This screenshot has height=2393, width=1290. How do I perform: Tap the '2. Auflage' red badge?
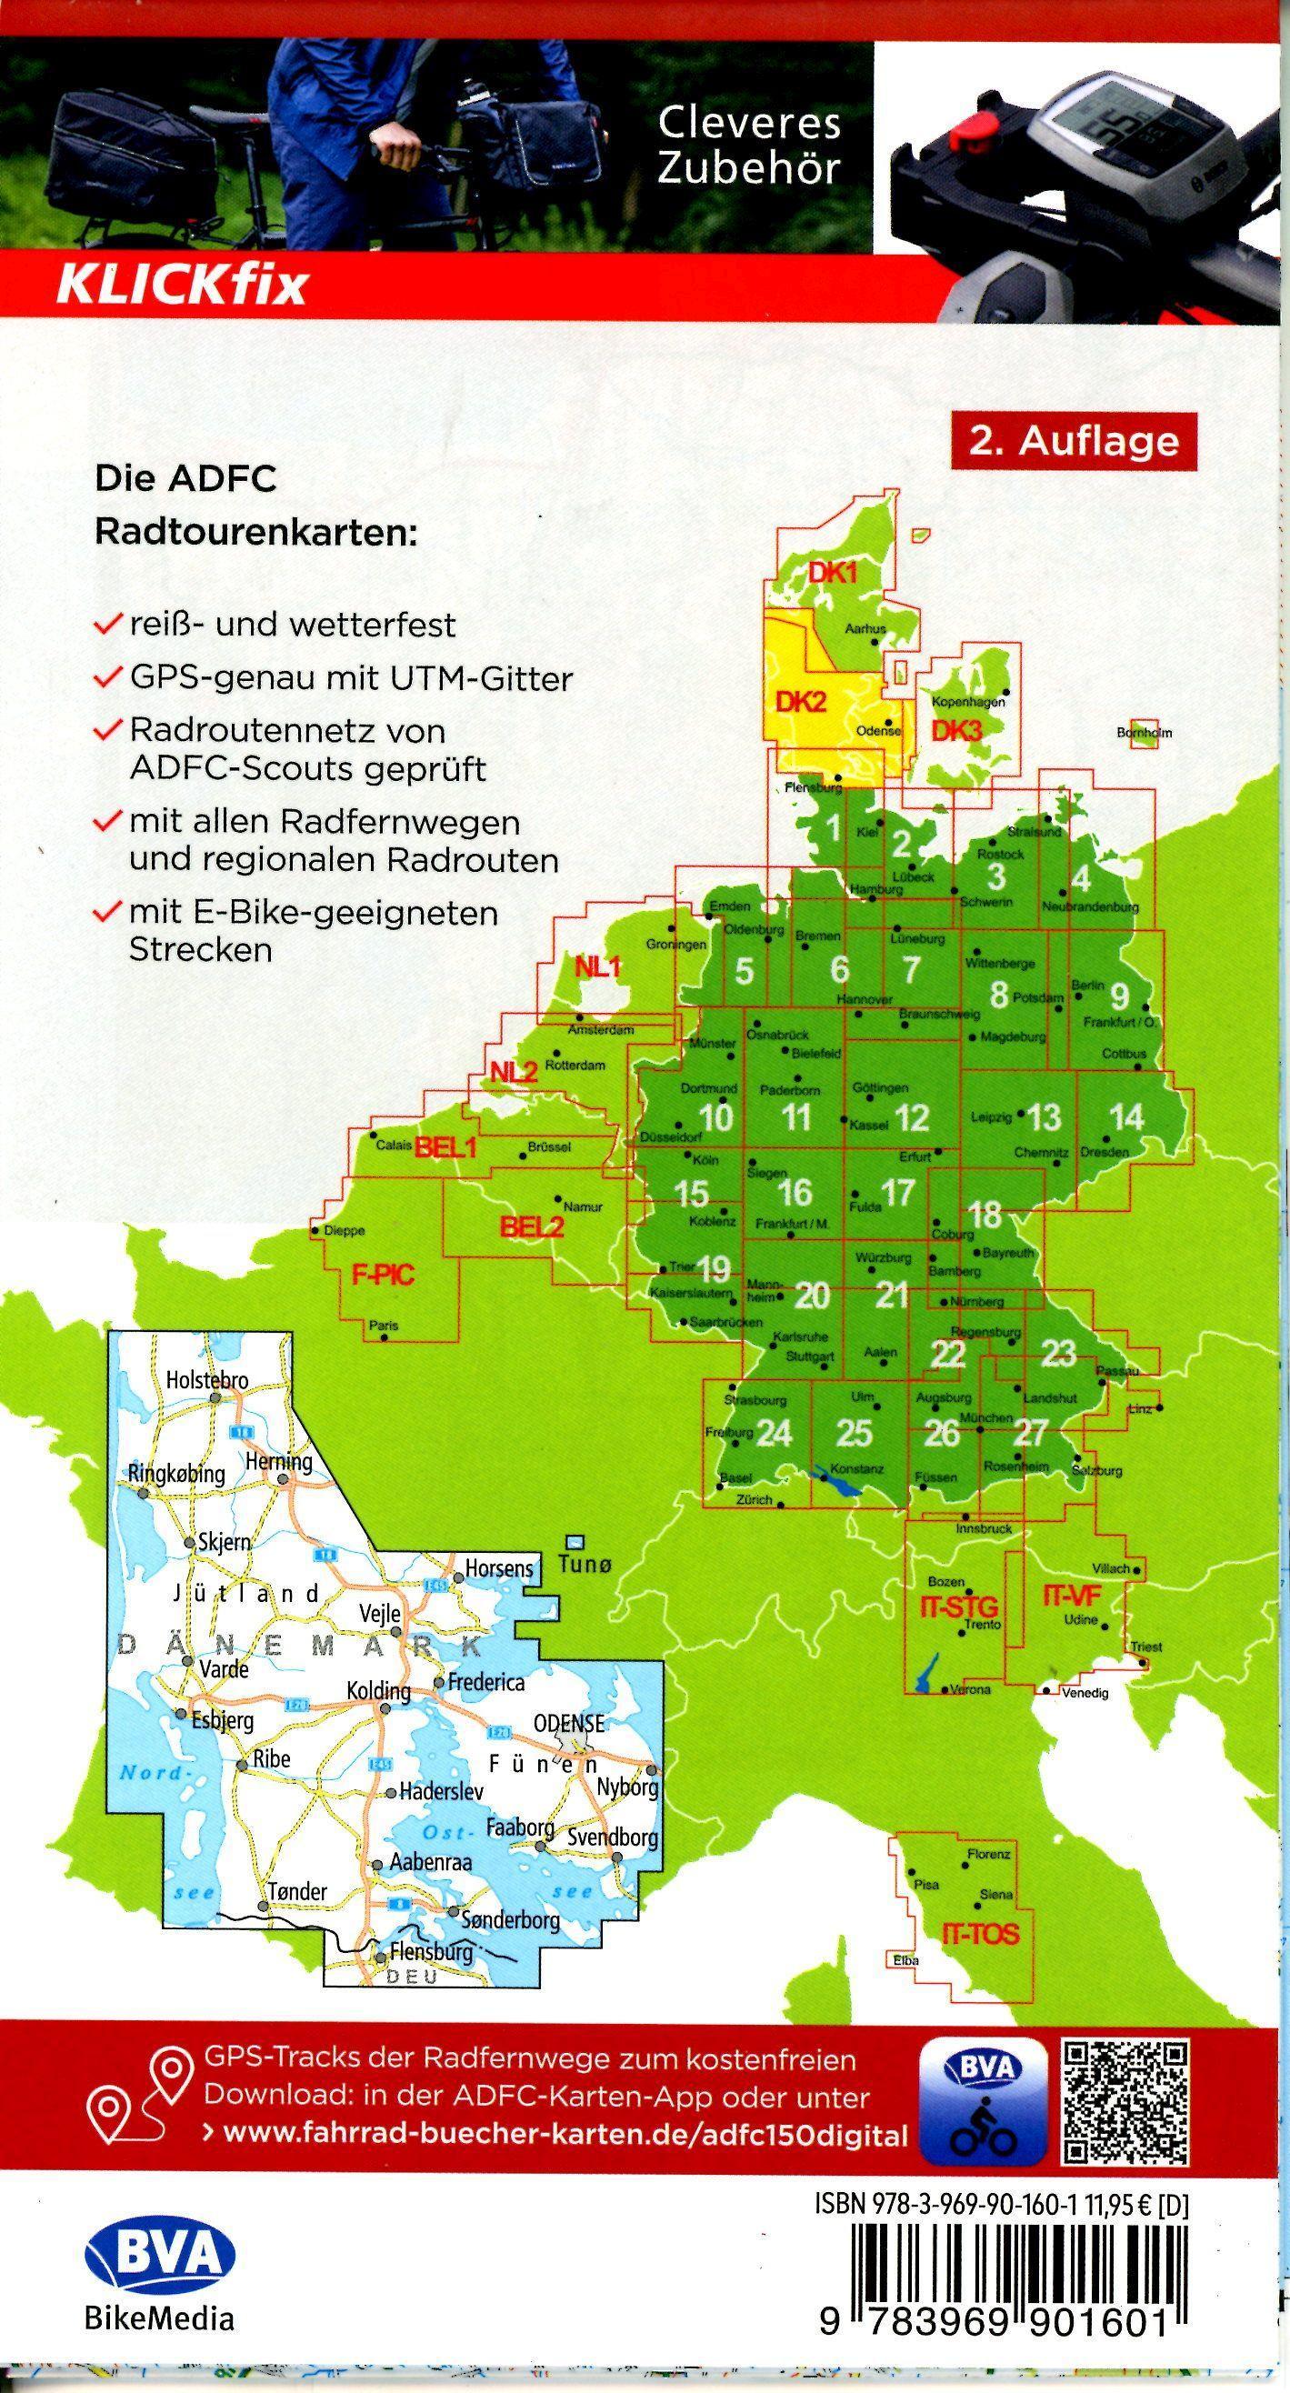[1073, 441]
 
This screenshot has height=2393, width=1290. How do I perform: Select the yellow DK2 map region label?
[800, 701]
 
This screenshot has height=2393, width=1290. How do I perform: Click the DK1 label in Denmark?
[832, 573]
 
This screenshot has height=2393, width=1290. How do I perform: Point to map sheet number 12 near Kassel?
[912, 1117]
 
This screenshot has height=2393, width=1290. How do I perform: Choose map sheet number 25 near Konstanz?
[854, 1433]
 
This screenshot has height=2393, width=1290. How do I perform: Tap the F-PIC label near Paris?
[382, 1275]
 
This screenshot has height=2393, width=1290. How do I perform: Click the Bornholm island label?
[1144, 733]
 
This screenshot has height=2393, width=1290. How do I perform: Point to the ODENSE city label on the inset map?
[568, 1723]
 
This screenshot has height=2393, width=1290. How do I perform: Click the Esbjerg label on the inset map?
[221, 1720]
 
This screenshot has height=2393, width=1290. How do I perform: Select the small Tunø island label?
[585, 1565]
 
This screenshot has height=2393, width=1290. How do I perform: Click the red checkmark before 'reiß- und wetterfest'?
[110, 624]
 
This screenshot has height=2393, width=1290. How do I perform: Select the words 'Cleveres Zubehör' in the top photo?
[748, 145]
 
